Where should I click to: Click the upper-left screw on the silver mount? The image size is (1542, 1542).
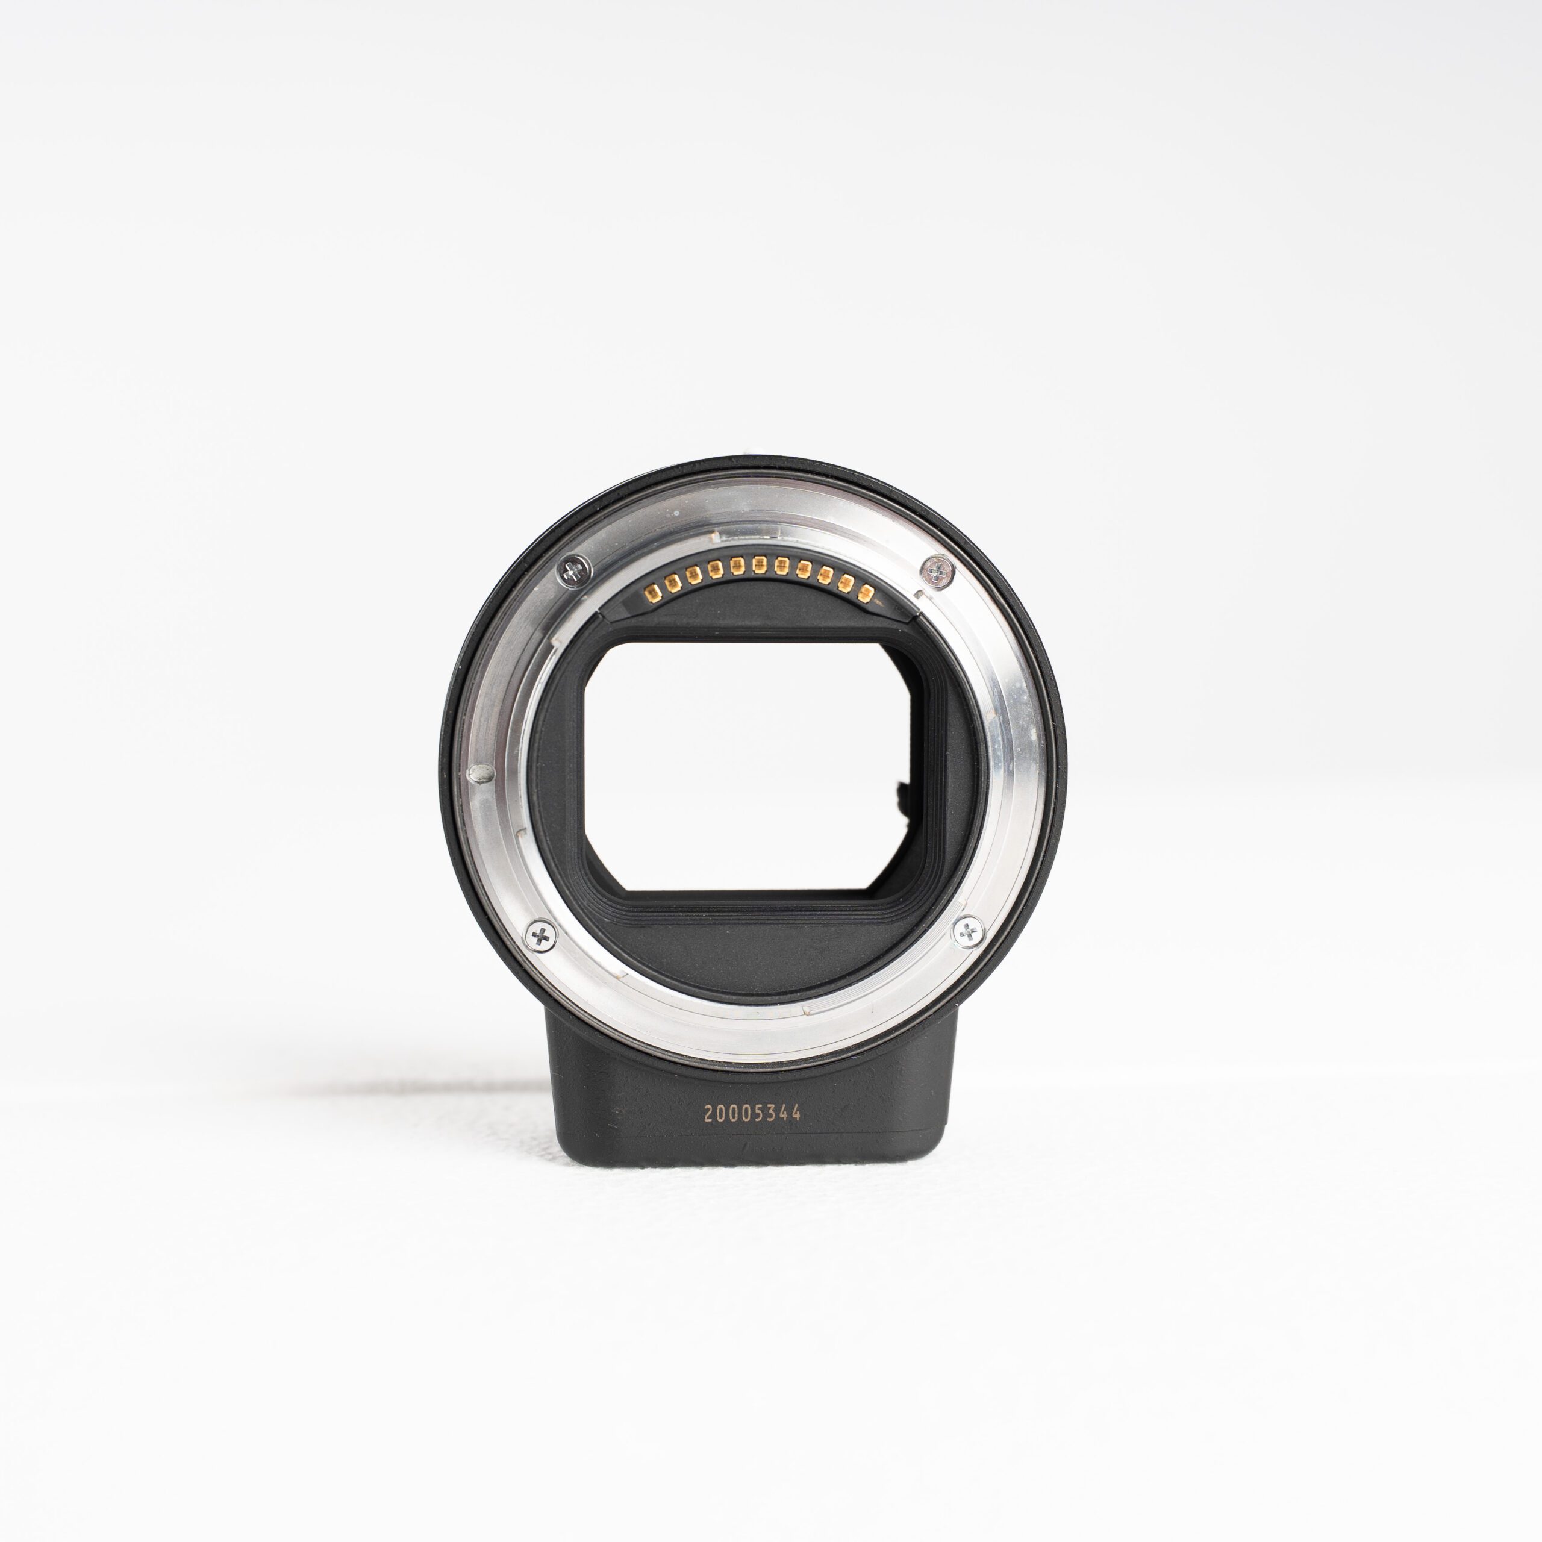click(x=574, y=570)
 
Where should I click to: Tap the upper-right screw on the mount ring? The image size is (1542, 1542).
click(x=937, y=570)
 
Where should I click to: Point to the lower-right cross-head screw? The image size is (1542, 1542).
click(x=968, y=931)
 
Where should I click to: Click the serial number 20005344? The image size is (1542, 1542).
click(x=752, y=1113)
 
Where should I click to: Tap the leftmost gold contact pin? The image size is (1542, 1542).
click(x=653, y=592)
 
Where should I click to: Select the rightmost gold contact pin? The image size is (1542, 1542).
click(x=865, y=593)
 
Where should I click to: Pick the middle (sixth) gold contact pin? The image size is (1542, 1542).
click(x=759, y=565)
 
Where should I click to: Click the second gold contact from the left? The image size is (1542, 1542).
click(x=673, y=582)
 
